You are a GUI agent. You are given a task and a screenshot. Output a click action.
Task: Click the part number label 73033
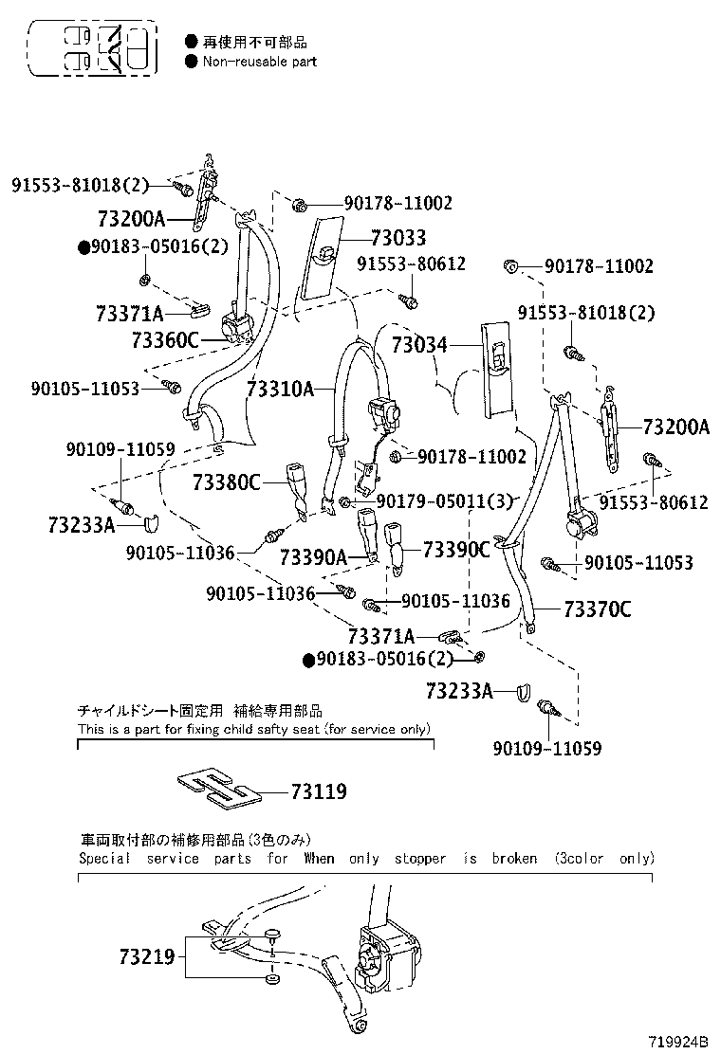click(398, 237)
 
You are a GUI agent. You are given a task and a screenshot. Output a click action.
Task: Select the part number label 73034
click(419, 345)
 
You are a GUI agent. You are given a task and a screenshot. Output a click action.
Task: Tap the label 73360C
click(165, 340)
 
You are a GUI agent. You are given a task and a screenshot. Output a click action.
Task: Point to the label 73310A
click(281, 389)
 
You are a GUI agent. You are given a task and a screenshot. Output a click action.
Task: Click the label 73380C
click(227, 482)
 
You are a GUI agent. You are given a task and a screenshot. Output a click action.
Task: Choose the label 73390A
click(313, 557)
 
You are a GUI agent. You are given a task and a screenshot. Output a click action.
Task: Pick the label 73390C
click(456, 549)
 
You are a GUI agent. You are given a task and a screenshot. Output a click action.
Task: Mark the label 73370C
click(598, 609)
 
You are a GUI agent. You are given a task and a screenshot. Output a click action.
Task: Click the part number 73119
click(319, 791)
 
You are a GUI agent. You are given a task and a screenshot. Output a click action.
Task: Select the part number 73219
click(147, 955)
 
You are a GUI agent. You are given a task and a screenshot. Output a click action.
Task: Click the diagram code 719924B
click(678, 1042)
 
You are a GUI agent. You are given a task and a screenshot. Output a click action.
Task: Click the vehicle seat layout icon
click(93, 48)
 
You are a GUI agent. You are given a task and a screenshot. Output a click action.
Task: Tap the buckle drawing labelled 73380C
click(298, 491)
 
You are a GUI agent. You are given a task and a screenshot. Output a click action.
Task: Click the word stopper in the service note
click(419, 859)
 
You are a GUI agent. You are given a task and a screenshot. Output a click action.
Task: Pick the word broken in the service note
click(514, 859)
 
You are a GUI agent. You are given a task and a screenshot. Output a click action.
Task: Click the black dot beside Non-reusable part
click(191, 62)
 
